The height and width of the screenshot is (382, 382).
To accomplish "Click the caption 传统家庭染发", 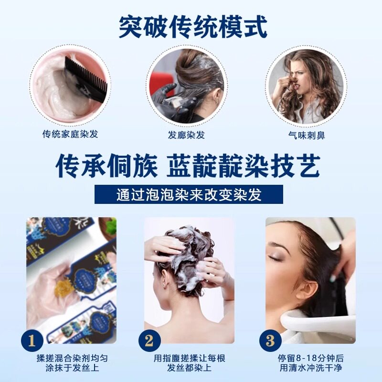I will coord(70,134).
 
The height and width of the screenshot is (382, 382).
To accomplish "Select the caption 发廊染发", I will coord(187,135).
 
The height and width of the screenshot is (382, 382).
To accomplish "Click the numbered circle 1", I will coord(32,341).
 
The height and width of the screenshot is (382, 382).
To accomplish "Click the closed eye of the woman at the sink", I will coord(276,258).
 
